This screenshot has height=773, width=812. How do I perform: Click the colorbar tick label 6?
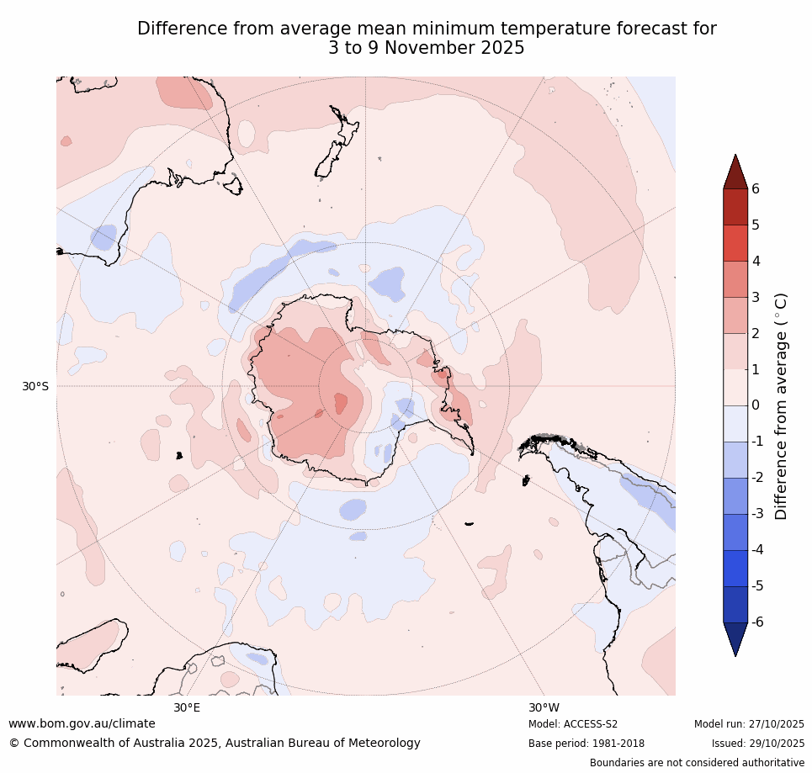point(756,189)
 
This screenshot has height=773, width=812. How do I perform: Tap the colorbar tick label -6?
point(758,622)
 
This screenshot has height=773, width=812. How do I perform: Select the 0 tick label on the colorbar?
point(756,405)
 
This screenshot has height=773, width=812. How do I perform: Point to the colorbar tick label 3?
point(756,297)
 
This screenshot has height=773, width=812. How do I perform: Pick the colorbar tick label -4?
point(758,550)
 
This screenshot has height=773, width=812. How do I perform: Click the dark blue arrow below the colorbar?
point(735,638)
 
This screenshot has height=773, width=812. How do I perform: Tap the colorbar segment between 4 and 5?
point(735,243)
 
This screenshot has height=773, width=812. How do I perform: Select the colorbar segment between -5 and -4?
point(735,568)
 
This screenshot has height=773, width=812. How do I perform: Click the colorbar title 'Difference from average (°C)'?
point(781,405)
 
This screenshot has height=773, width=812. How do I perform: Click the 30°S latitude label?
point(35,387)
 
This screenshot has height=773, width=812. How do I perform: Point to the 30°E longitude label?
point(187,708)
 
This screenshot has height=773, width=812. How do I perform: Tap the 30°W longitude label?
point(544,708)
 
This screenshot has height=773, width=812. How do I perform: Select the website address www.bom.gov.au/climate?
point(82,723)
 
